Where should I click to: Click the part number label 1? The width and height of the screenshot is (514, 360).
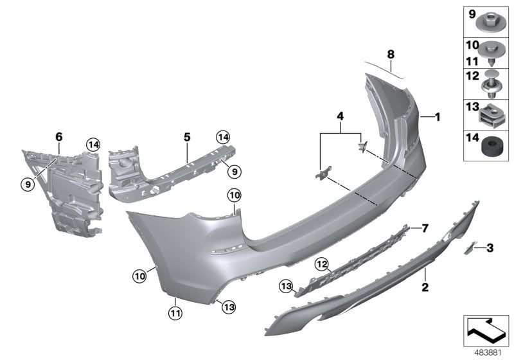click(x=438, y=117)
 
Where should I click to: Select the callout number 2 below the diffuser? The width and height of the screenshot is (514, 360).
click(x=425, y=287)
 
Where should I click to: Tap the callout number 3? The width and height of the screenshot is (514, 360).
click(x=490, y=248)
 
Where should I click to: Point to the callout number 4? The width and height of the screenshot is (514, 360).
click(x=340, y=116)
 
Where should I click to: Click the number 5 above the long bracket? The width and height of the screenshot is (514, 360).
click(x=187, y=137)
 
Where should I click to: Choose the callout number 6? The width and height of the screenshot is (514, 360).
click(x=59, y=137)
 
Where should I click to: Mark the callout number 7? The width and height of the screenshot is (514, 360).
click(x=424, y=228)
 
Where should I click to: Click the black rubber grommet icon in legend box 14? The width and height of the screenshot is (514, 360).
click(x=492, y=148)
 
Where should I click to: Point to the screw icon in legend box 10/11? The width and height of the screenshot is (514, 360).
click(x=492, y=53)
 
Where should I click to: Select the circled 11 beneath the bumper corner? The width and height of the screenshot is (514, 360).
click(x=175, y=313)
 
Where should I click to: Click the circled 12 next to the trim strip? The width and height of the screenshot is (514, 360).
click(x=322, y=263)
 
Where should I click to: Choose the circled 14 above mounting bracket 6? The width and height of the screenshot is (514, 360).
click(x=94, y=145)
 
